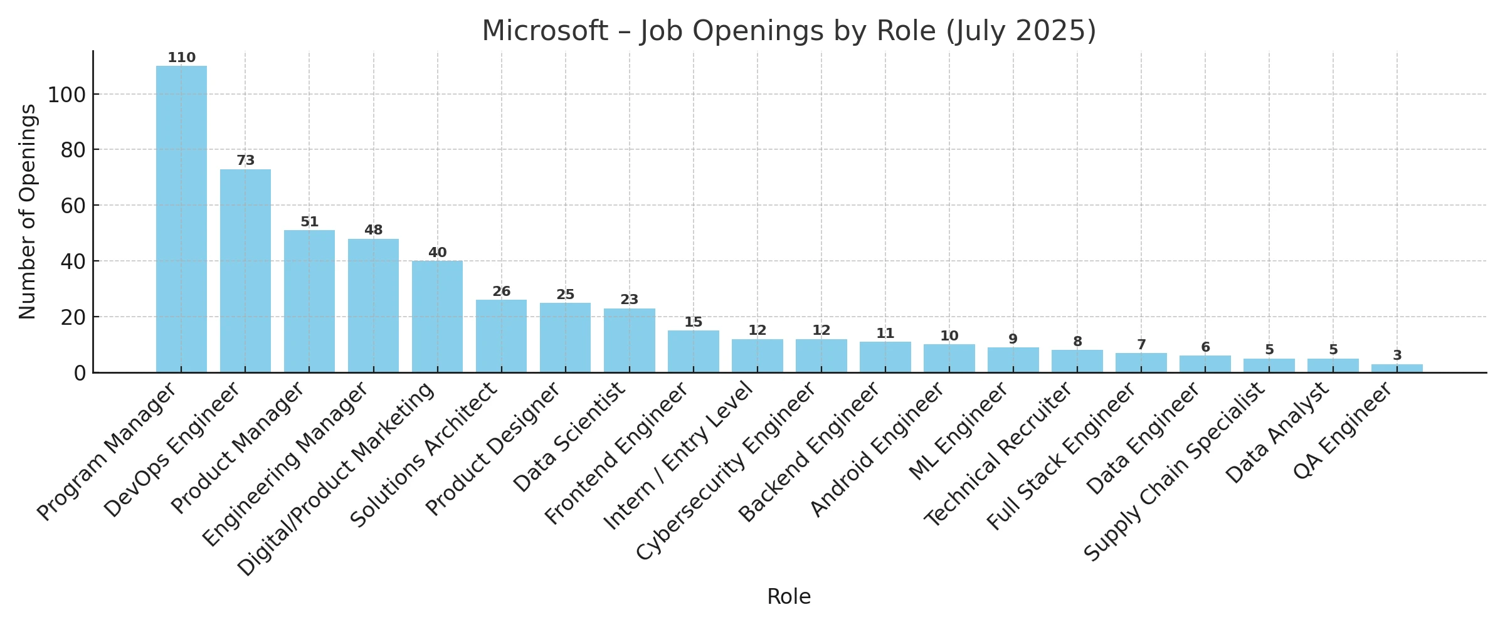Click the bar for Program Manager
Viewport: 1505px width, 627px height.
(181, 219)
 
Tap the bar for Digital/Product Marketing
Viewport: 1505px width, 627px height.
(437, 317)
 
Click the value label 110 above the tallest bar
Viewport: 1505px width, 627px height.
(181, 58)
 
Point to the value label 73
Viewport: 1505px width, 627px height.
(245, 161)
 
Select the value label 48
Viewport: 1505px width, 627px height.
(373, 230)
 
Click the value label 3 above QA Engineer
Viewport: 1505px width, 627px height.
(1397, 356)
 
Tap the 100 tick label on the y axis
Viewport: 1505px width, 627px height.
(66, 95)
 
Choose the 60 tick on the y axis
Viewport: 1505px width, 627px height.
(73, 206)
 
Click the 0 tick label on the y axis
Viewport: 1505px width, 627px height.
(80, 373)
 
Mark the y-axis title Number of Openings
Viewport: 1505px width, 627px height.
(28, 212)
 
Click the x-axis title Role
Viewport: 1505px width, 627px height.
(788, 596)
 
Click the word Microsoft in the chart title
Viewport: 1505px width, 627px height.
(544, 31)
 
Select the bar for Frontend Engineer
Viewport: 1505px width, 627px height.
(693, 352)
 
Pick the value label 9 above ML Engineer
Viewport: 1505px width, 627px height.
(1013, 339)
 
